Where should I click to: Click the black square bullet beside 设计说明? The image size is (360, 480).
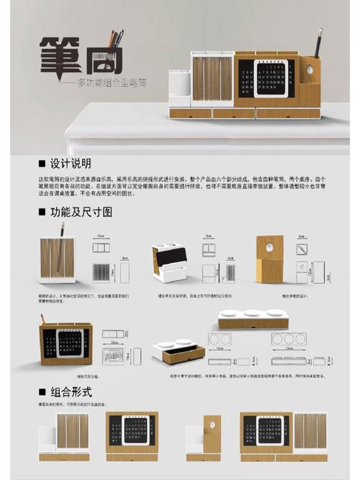[x=42, y=164]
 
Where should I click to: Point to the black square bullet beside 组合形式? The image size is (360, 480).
[x=42, y=391]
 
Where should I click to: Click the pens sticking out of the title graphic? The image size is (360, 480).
[x=114, y=39]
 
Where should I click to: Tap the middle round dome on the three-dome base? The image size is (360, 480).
[x=252, y=314]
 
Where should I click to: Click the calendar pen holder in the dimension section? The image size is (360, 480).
[x=66, y=345]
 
